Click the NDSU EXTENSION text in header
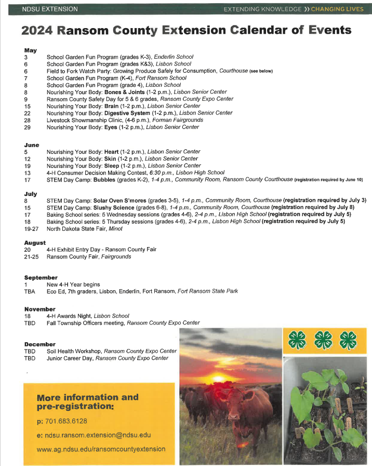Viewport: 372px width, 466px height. coord(50,9)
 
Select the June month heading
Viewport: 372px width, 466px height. coord(31,145)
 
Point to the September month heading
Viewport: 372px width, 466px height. coord(41,278)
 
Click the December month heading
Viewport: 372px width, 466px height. coord(39,344)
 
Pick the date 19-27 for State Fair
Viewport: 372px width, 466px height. coord(31,228)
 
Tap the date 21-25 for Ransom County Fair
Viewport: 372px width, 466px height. coord(31,256)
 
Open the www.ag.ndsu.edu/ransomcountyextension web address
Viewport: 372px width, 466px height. coord(101,449)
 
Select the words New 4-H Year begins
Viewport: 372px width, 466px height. coord(73,284)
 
